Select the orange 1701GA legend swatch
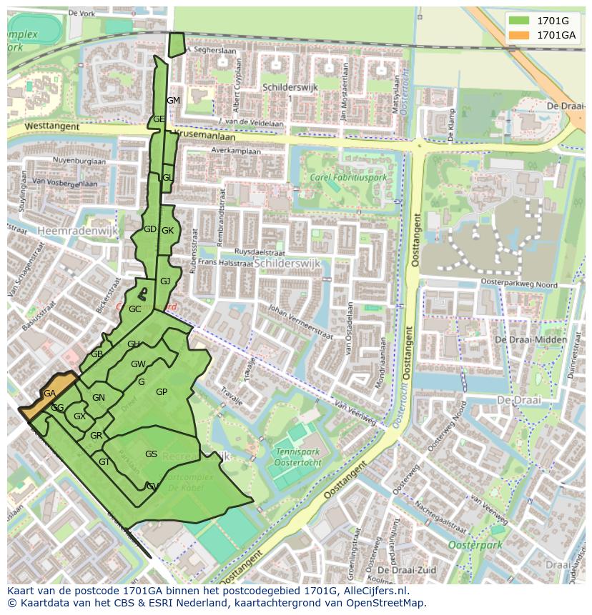pyautogui.click(x=518, y=35)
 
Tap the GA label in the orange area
pyautogui.click(x=49, y=394)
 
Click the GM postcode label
pyautogui.click(x=173, y=101)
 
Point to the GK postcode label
pyautogui.click(x=167, y=231)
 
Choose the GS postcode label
pyautogui.click(x=151, y=454)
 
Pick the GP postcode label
pyautogui.click(x=162, y=392)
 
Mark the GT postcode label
pyautogui.click(x=104, y=462)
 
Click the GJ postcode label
pyautogui.click(x=165, y=281)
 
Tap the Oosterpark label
pyautogui.click(x=475, y=545)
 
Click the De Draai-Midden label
pyautogui.click(x=531, y=340)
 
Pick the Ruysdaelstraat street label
pyautogui.click(x=254, y=252)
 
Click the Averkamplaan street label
pyautogui.click(x=235, y=151)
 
